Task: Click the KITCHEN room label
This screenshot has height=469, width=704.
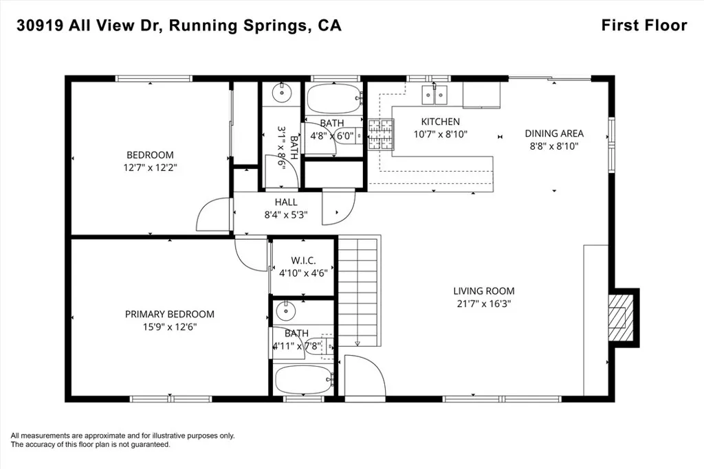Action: click(440, 122)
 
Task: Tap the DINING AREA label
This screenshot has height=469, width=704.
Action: click(554, 133)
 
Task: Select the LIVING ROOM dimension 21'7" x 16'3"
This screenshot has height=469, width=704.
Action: click(484, 304)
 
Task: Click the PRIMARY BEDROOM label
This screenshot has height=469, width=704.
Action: click(169, 314)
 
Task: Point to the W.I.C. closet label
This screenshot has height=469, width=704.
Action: click(303, 260)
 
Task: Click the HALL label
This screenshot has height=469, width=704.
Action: click(286, 202)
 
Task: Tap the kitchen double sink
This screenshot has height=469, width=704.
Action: click(434, 94)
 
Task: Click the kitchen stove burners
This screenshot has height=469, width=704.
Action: click(381, 134)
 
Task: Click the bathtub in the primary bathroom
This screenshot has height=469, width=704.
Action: click(304, 379)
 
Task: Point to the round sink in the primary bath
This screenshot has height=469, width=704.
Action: click(285, 311)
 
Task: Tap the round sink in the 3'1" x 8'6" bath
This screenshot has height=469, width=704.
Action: click(282, 93)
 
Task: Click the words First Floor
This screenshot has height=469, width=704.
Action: click(644, 25)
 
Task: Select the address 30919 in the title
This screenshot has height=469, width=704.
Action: click(40, 25)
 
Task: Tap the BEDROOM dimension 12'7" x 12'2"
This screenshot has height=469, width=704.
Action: click(151, 168)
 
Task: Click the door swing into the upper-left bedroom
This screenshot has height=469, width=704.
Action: click(214, 214)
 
